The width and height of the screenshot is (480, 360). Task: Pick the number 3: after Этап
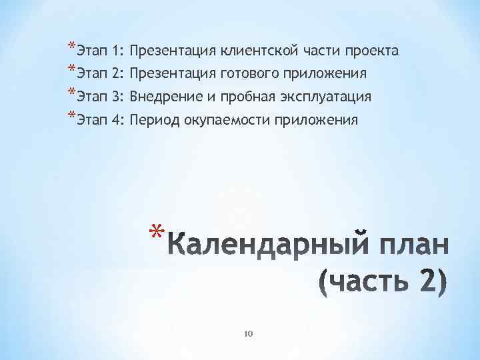coord(118,97)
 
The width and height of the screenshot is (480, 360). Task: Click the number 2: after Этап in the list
coord(118,73)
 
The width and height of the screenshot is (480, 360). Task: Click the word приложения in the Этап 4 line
coord(320,121)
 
